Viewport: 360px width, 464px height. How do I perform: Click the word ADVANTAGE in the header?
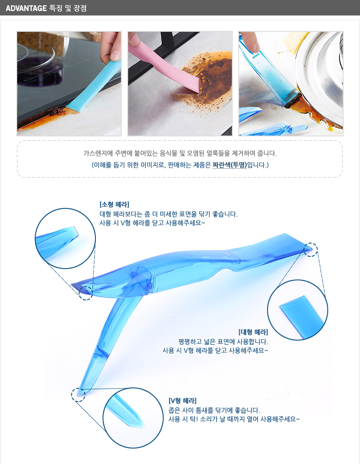point(26,8)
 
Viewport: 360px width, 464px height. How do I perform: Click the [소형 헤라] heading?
point(114,205)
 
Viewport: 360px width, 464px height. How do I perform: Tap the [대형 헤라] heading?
point(253,332)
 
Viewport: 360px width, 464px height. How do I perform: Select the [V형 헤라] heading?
point(183,401)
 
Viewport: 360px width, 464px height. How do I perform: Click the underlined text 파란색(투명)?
point(230,165)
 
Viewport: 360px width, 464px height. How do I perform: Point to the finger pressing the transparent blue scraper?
point(249,42)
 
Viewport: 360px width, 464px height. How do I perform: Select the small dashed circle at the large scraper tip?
point(311,249)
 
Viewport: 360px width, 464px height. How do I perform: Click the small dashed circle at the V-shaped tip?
point(78,395)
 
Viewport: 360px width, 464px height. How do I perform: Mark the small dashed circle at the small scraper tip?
point(85,292)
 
